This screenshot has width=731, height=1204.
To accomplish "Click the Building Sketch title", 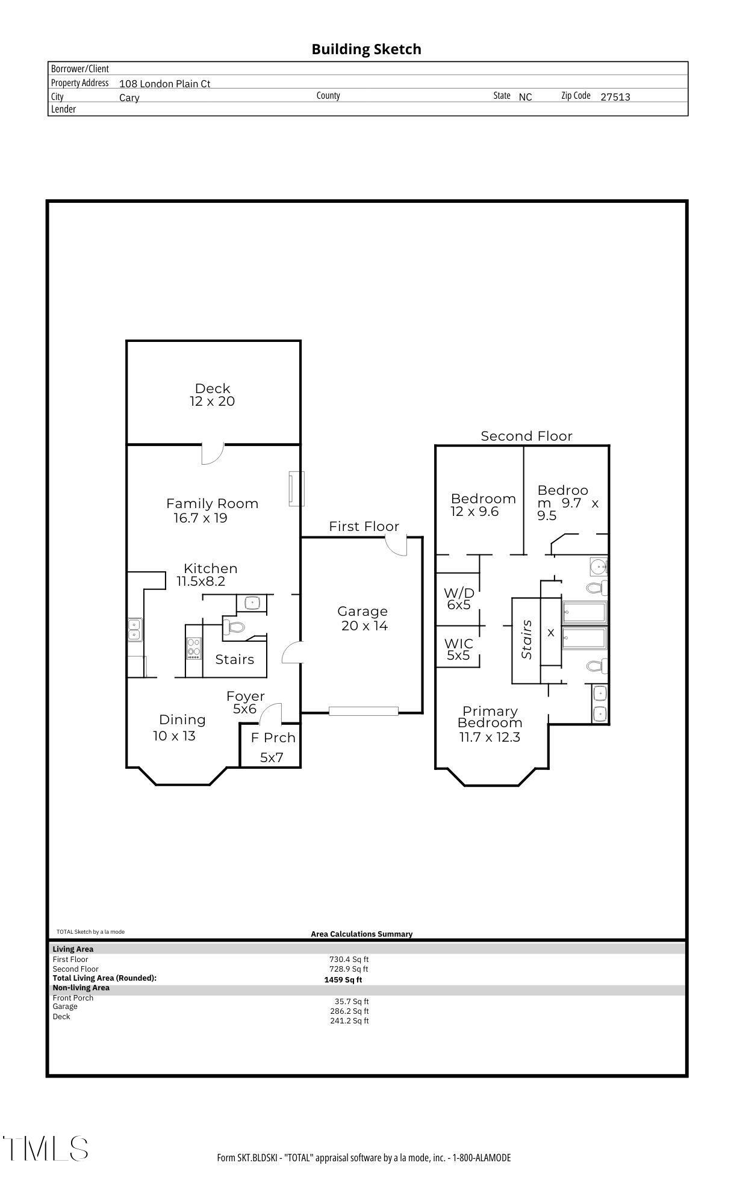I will pyautogui.click(x=366, y=49).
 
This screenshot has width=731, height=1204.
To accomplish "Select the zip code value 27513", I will pyautogui.click(x=615, y=97).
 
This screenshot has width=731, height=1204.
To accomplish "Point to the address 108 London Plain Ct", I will pyautogui.click(x=164, y=84).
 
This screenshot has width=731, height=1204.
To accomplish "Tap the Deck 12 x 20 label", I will pyautogui.click(x=213, y=395).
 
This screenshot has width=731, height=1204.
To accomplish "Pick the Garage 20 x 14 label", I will pyautogui.click(x=362, y=618).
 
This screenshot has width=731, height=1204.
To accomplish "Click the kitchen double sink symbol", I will pyautogui.click(x=134, y=630).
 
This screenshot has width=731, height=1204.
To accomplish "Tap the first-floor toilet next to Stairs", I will pyautogui.click(x=234, y=627).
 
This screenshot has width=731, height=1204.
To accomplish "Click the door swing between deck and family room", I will pyautogui.click(x=212, y=453).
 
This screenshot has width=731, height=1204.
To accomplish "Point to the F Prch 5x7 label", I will pyautogui.click(x=272, y=746).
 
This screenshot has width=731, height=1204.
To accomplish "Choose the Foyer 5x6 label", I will pyautogui.click(x=245, y=703).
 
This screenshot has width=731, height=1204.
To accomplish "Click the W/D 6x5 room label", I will pyautogui.click(x=459, y=599).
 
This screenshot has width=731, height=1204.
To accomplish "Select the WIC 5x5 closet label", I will pyautogui.click(x=459, y=649).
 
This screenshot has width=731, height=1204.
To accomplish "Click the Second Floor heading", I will pyautogui.click(x=526, y=436).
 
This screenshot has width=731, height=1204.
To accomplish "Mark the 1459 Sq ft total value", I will pyautogui.click(x=343, y=979).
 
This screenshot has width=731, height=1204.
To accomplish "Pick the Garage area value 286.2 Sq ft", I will pyautogui.click(x=349, y=1011).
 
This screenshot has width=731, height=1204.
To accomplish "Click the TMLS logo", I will pyautogui.click(x=45, y=1148).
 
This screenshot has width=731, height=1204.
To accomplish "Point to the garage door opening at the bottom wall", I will pyautogui.click(x=363, y=711).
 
